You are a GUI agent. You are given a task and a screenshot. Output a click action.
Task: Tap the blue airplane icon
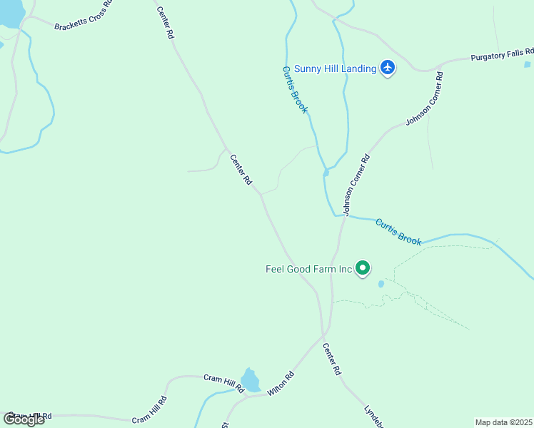pos(388,68)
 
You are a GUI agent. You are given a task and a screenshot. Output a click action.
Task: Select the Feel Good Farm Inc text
pos(309,269)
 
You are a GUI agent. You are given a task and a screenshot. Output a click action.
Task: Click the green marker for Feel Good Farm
pos(363,268)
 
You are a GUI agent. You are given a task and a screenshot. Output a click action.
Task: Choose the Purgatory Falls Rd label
pos(502,54)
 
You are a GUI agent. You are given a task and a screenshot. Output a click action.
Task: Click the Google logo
pos(24,419)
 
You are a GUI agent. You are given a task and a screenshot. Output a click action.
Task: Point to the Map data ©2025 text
pos(503,422)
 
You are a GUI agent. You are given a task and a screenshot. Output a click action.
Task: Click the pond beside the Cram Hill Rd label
pos(250,380)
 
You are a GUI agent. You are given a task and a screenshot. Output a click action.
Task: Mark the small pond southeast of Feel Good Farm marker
pos(381,284)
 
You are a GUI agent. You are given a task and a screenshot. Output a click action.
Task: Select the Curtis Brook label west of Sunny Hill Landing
pos(295,89)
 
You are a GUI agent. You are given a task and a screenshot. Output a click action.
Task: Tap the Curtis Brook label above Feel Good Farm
pos(398,231)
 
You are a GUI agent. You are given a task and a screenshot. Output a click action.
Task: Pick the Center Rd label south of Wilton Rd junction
pos(332,360)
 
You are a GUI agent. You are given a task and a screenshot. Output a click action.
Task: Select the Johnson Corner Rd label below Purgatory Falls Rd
pos(425,99)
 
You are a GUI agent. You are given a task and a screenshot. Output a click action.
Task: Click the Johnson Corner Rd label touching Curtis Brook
pos(356,185)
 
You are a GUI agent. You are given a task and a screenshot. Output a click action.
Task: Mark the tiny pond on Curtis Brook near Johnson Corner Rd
pos(326,173)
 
